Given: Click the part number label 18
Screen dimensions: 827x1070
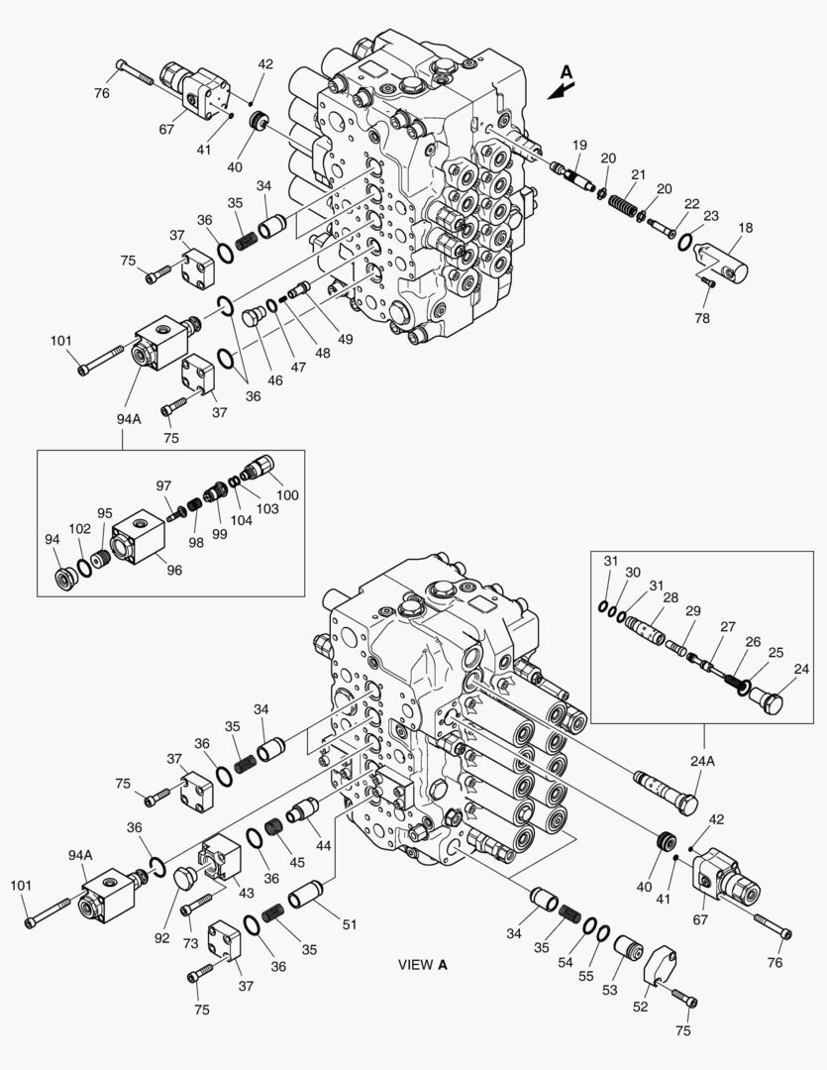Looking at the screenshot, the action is click(746, 227).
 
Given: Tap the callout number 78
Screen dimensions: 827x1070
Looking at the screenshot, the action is click(702, 318).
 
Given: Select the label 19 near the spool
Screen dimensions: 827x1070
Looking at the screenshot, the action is click(579, 145).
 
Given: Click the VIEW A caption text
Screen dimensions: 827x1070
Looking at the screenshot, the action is click(423, 965).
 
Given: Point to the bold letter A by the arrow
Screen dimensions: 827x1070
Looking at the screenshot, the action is click(567, 71).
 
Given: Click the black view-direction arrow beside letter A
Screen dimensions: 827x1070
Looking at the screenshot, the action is click(561, 91).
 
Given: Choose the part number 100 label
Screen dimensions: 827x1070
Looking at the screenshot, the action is click(287, 494).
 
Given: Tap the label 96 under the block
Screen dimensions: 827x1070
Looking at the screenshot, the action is click(174, 570).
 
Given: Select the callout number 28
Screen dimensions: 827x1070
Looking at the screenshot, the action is click(671, 597).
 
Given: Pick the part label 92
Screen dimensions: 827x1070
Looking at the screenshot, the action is click(161, 938).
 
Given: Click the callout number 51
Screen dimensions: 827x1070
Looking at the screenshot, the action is click(350, 924).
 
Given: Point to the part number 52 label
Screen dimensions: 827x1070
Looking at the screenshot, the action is click(640, 1007).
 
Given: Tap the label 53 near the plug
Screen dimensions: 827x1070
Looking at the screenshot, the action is click(609, 990).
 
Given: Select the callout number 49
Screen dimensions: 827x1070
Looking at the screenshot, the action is click(346, 339).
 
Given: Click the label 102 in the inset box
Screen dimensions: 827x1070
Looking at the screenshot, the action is click(79, 529).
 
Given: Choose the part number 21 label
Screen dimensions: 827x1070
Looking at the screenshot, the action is click(638, 174).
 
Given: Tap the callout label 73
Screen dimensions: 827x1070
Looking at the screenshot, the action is click(190, 943).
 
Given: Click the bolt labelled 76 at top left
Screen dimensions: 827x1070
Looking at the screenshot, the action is click(136, 71).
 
